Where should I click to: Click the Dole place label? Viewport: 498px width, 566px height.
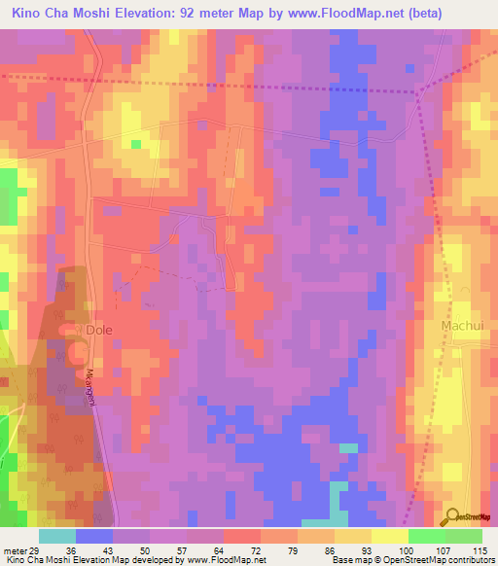point(99,330)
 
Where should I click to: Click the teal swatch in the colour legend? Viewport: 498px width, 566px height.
point(57,536)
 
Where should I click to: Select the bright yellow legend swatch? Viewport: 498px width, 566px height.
point(389,536)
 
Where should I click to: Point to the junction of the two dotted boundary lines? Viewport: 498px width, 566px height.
point(418,92)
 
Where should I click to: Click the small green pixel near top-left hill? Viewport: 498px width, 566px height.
point(136,144)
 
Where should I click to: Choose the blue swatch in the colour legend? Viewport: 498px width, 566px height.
point(94,536)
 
